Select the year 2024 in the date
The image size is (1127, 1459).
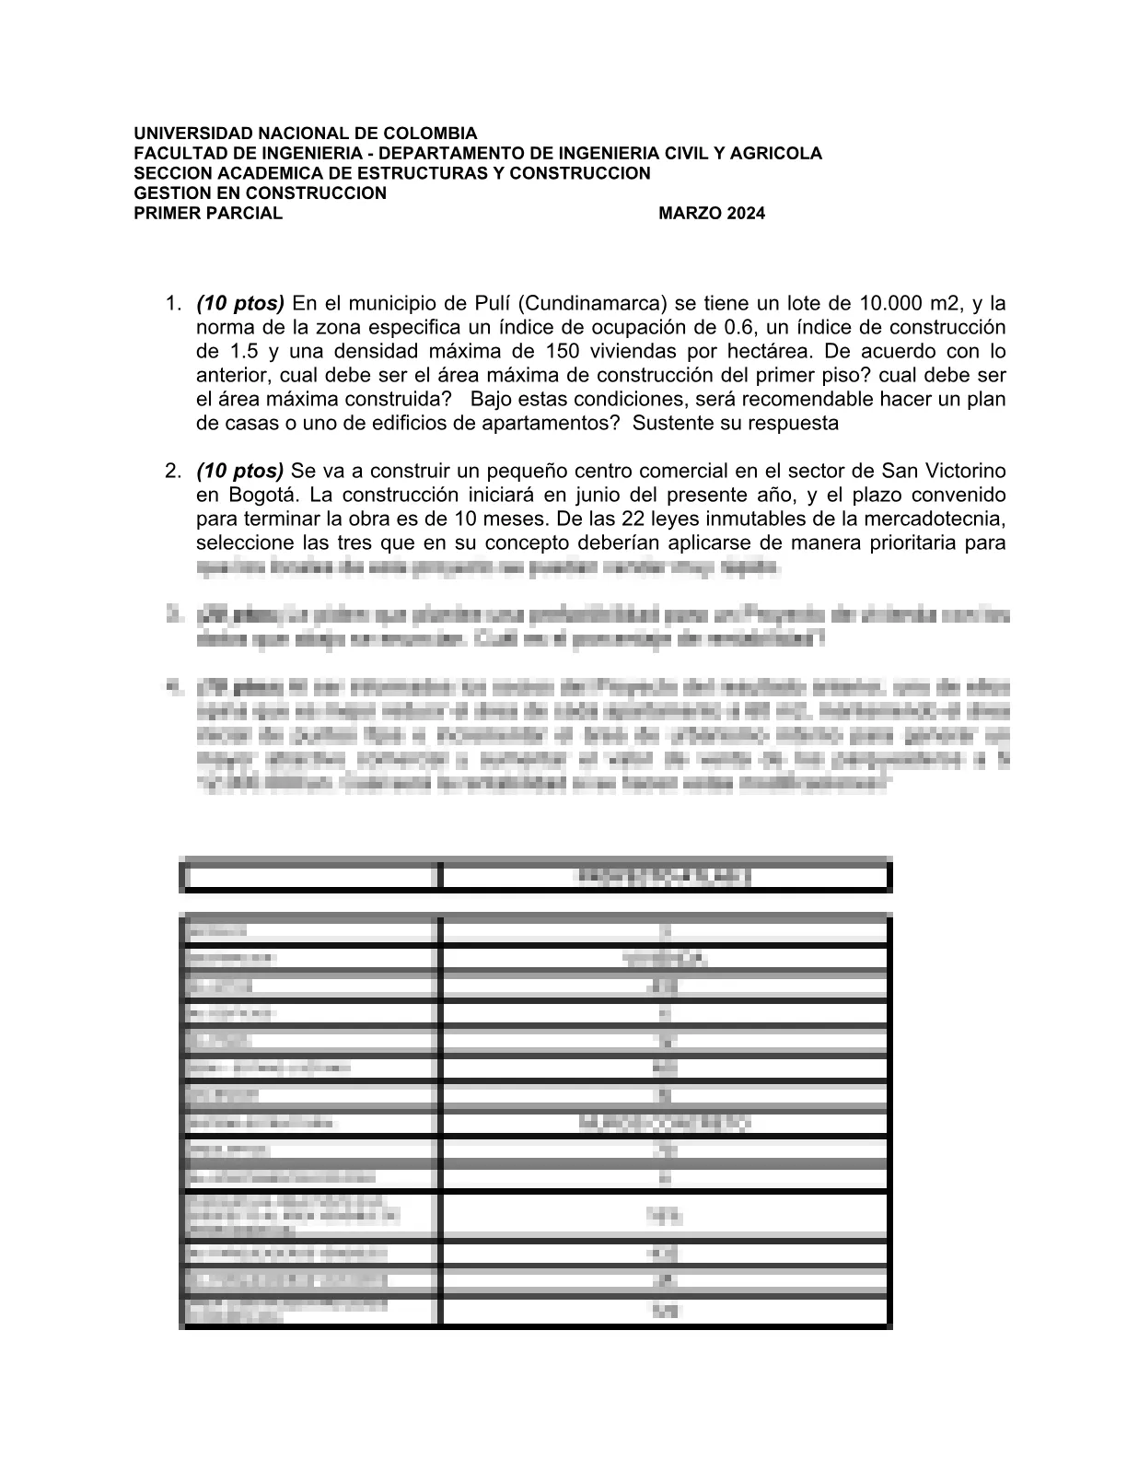pos(745,215)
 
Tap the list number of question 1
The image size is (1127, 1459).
pos(172,303)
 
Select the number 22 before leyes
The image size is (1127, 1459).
pos(635,519)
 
